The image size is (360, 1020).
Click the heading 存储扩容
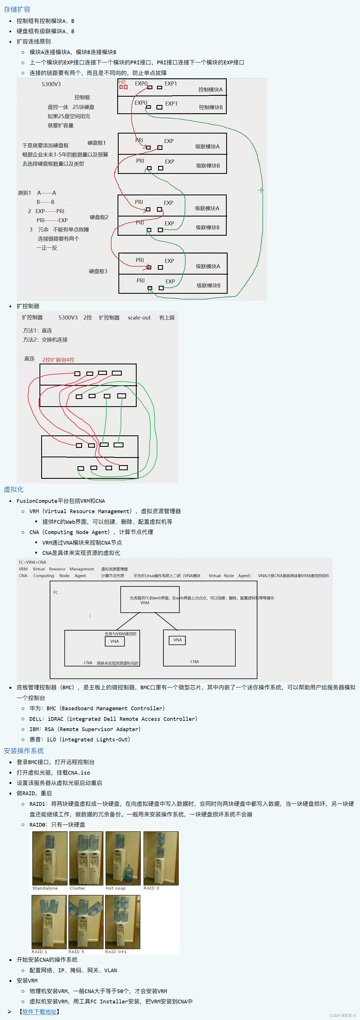pos(17,9)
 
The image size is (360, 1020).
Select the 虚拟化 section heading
pos(14,489)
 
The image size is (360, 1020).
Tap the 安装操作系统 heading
pos(24,751)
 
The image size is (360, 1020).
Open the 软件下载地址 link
pos(39,1011)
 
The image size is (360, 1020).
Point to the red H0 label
pos(122,82)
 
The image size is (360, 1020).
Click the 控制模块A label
pos(210,90)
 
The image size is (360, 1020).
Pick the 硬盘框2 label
pos(99,217)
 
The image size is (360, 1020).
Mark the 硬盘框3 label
pos(98,271)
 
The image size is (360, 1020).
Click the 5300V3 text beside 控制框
pos(51,84)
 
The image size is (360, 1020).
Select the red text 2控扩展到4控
pos(58,360)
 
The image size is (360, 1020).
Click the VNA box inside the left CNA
pos(114,641)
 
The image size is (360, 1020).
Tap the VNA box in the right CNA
pos(177,640)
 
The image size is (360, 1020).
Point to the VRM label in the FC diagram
pos(145,603)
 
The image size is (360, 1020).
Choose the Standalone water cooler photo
pos(49,858)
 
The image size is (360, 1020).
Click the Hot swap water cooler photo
pos(123,858)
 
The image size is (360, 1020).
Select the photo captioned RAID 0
pos(161,858)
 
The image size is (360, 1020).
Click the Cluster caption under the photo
pos(77,888)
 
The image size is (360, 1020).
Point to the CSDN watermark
pos(343,1015)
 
